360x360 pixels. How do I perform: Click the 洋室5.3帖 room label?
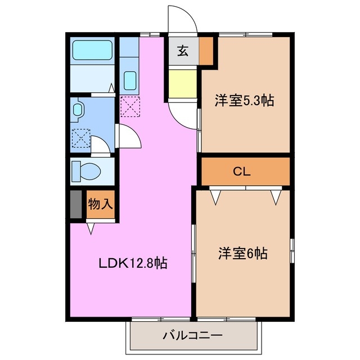pyautogui.click(x=244, y=101)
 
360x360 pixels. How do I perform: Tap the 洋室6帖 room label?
pyautogui.click(x=242, y=254)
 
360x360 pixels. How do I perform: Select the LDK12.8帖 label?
pyautogui.click(x=133, y=263)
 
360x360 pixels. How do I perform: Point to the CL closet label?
pyautogui.click(x=242, y=172)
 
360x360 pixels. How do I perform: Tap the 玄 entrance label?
pyautogui.click(x=183, y=51)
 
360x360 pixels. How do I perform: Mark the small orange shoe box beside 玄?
pyautogui.click(x=206, y=51)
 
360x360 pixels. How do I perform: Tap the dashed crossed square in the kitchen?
pyautogui.click(x=129, y=106)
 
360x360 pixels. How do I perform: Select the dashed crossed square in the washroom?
pyautogui.click(x=80, y=137)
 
